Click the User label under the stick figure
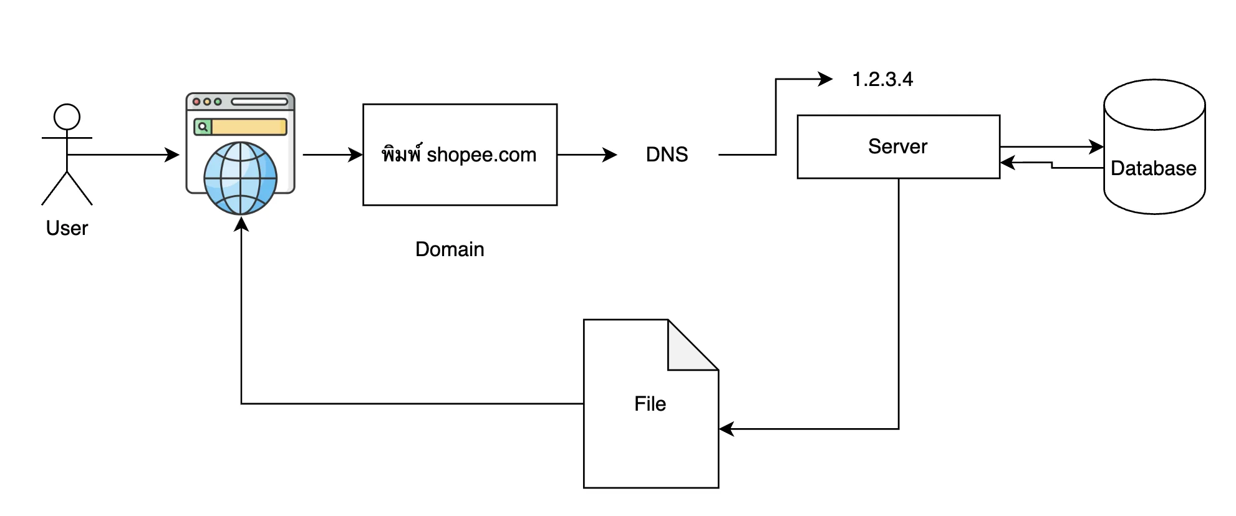pos(67,228)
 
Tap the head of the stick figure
pos(67,117)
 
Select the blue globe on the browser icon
pos(241,178)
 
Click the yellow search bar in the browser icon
pos(249,127)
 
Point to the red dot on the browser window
pos(196,102)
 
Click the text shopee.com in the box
pos(481,155)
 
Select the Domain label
pos(450,249)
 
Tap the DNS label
pos(667,155)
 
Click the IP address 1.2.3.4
pos(882,79)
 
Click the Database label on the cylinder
pos(1154,168)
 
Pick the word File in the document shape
pos(650,404)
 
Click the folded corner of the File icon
pos(692,345)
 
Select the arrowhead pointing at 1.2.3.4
pos(826,79)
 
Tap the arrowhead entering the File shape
pos(727,429)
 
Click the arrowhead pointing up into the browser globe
pos(241,224)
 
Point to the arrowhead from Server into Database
pos(1096,147)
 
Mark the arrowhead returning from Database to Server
pos(1008,163)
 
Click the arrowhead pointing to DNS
pos(610,155)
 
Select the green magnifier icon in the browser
pos(203,127)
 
